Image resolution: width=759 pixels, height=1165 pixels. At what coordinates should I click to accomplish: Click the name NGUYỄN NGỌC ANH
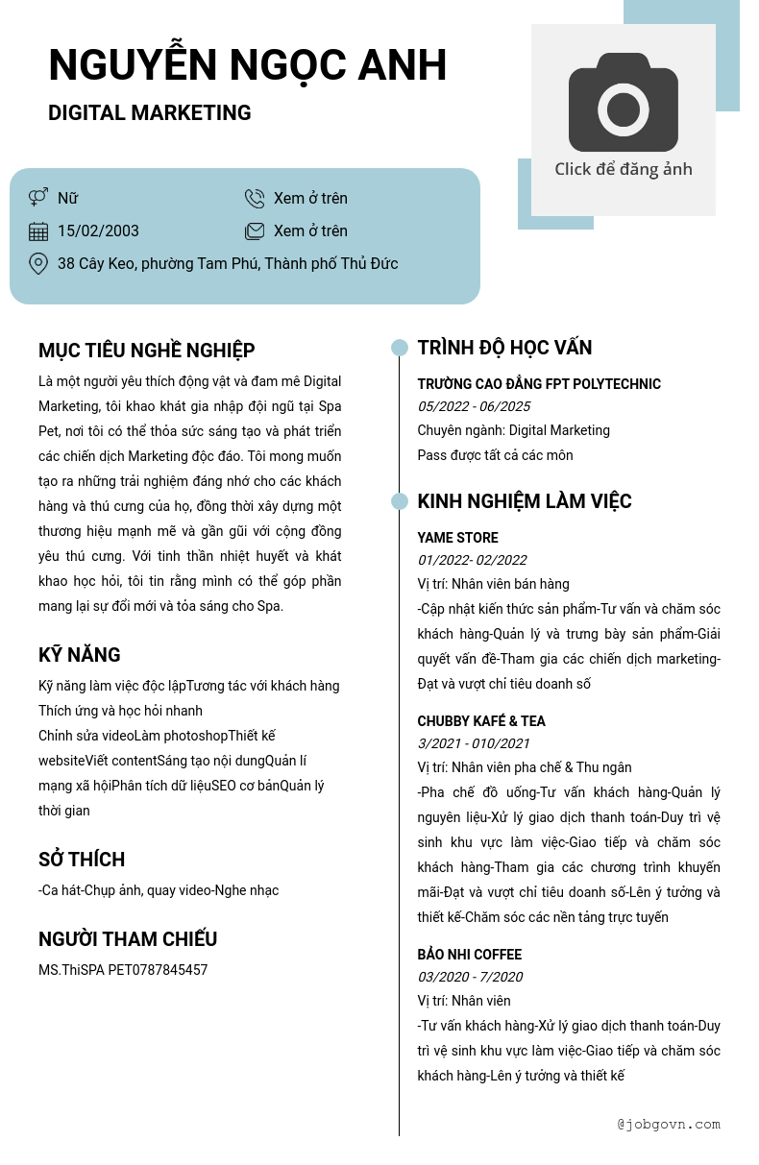247,65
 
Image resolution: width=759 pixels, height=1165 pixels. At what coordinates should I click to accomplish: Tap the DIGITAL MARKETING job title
149,113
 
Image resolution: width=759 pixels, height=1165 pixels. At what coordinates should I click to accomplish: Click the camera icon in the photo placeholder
624,103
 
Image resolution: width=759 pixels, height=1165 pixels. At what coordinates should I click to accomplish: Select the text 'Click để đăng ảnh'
624,169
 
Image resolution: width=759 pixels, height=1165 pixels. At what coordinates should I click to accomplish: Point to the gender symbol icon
38,198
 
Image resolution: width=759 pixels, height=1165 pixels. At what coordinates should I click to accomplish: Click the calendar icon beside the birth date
38,231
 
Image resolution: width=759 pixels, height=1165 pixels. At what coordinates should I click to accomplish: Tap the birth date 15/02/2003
98,231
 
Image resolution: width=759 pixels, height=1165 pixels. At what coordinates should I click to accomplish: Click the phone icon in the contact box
255,199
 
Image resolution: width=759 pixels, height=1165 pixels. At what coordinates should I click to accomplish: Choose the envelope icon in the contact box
255,231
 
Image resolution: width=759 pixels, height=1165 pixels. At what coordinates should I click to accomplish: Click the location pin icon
38,263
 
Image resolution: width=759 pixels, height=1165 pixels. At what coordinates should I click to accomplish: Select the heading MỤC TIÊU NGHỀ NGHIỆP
146,351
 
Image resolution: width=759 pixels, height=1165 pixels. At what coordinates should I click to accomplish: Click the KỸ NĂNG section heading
80,655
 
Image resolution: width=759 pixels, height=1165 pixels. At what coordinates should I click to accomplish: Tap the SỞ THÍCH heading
82,860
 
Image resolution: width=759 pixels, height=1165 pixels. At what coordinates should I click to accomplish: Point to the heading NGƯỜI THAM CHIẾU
128,939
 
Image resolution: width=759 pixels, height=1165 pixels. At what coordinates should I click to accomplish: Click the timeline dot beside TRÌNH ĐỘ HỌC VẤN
400,348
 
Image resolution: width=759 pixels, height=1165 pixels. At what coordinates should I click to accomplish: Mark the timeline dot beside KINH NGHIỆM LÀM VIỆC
400,501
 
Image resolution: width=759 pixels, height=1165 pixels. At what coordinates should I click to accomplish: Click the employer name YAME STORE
457,538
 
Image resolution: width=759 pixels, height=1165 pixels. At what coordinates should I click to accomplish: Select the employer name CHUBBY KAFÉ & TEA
481,721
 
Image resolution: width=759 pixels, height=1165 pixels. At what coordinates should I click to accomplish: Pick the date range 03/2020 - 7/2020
470,977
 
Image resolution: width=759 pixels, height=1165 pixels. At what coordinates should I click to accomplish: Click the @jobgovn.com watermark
669,1124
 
